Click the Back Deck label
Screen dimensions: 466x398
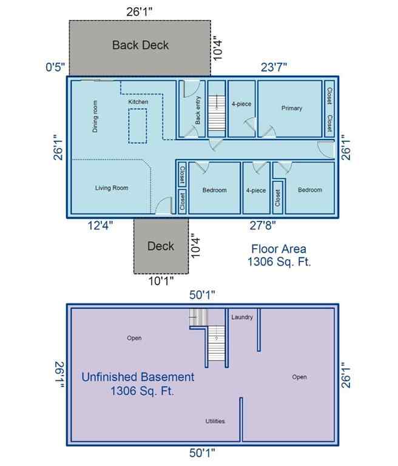click(x=140, y=45)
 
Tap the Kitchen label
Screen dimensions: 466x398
click(x=138, y=102)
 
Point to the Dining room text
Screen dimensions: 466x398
click(x=95, y=116)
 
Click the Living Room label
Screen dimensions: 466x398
click(x=112, y=188)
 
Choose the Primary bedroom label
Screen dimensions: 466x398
click(x=291, y=109)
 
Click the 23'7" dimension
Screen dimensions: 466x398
click(x=274, y=67)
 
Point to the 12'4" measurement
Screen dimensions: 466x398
click(x=100, y=226)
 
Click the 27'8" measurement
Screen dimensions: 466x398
click(x=263, y=226)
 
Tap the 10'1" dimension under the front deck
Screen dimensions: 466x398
click(x=161, y=280)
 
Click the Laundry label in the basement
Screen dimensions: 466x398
click(x=242, y=317)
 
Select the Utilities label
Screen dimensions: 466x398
click(x=215, y=421)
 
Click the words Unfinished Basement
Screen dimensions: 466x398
click(x=138, y=377)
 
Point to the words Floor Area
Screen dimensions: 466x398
click(x=278, y=249)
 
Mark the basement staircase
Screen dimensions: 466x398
click(x=216, y=343)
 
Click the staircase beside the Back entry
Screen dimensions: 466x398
click(x=216, y=115)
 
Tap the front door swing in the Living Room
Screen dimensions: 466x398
click(x=162, y=206)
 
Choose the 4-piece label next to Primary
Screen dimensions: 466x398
click(x=241, y=104)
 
